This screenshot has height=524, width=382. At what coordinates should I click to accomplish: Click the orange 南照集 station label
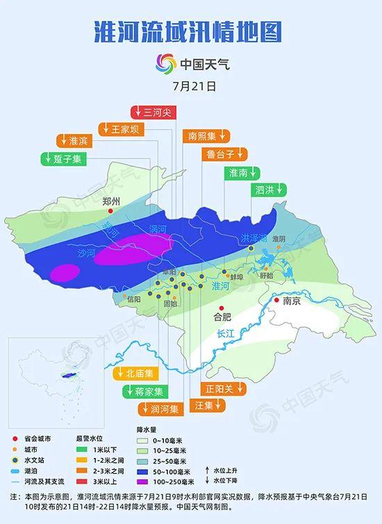click(206, 136)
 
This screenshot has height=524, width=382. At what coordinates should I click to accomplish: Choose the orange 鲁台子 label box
click(223, 154)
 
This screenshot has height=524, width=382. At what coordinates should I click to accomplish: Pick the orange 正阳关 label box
click(219, 388)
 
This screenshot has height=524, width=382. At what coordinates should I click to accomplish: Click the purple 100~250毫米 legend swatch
click(144, 481)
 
